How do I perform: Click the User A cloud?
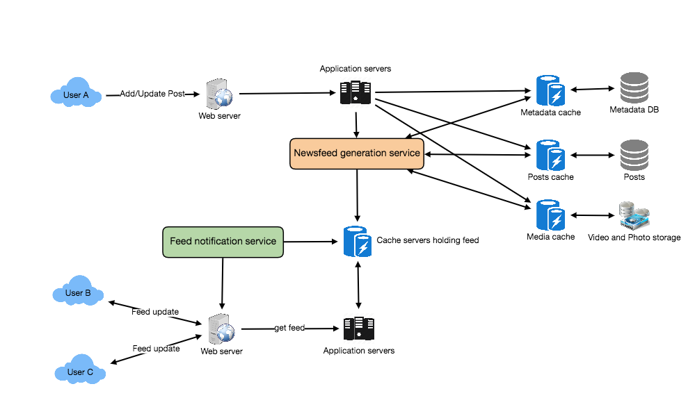point(76,95)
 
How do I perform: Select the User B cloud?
point(78,294)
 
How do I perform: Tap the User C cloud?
point(80,372)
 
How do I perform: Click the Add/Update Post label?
point(152,94)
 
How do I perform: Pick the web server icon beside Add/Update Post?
point(219,94)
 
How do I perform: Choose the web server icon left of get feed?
point(221,328)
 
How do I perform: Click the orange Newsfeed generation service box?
point(356,153)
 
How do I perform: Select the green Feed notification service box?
point(223,242)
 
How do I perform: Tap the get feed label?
point(289,328)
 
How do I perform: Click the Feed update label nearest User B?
point(155,313)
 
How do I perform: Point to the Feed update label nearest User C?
point(156,349)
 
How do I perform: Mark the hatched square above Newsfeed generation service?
point(356,92)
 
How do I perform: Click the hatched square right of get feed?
point(359,328)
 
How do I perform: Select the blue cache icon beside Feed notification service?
point(357,242)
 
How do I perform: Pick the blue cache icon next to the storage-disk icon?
point(550,215)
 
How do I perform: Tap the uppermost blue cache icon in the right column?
point(550,90)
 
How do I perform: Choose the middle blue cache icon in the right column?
point(550,155)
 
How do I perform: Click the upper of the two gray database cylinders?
point(634,88)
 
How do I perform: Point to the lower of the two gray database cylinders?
point(634,155)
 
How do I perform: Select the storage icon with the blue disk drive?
point(634,215)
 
